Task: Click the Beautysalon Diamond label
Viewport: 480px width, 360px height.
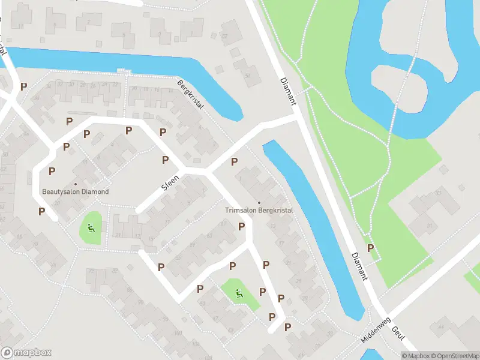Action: [x=76, y=192]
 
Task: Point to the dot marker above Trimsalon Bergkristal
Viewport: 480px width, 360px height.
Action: [x=259, y=202]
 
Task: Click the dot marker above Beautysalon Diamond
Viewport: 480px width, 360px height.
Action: [x=76, y=184]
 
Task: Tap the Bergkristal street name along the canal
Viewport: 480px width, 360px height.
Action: [x=191, y=95]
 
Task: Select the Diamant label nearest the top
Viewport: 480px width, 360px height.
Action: [x=288, y=91]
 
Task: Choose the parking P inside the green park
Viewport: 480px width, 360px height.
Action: [x=371, y=248]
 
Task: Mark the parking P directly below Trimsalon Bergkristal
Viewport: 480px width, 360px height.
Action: [x=241, y=226]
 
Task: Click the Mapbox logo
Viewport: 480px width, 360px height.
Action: [x=26, y=353]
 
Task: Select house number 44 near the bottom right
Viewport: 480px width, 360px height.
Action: [x=441, y=326]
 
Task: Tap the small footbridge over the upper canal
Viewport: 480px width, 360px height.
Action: [x=124, y=71]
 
